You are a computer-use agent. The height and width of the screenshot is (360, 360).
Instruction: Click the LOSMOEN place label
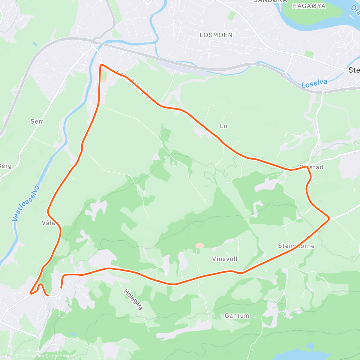tap(216, 35)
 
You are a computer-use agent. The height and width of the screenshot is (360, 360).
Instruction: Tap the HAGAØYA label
tap(309, 6)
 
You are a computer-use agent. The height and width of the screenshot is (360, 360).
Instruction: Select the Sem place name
tap(37, 121)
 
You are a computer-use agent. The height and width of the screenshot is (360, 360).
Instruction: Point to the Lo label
tap(223, 126)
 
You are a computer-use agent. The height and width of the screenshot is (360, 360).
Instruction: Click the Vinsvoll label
tap(225, 259)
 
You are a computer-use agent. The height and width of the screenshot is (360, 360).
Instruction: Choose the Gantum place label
tap(237, 316)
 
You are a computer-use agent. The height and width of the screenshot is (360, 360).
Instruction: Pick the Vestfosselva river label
tap(26, 203)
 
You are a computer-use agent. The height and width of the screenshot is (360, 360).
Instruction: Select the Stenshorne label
tap(296, 246)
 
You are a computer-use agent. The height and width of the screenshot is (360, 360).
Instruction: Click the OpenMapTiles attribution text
tap(29, 356)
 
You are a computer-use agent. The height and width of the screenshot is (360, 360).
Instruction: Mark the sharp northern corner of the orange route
tap(101, 64)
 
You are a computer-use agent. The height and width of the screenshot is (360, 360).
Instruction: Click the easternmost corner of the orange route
tap(329, 218)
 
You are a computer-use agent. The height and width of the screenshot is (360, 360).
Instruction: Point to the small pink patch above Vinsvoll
tap(199, 246)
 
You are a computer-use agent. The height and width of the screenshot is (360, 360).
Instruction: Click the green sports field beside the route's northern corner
tap(104, 76)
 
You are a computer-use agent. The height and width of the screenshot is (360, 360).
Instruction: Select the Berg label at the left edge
tap(5, 166)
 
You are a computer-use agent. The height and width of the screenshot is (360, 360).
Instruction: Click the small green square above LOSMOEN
tap(231, 16)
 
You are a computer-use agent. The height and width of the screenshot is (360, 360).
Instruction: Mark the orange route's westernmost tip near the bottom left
tap(31, 293)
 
